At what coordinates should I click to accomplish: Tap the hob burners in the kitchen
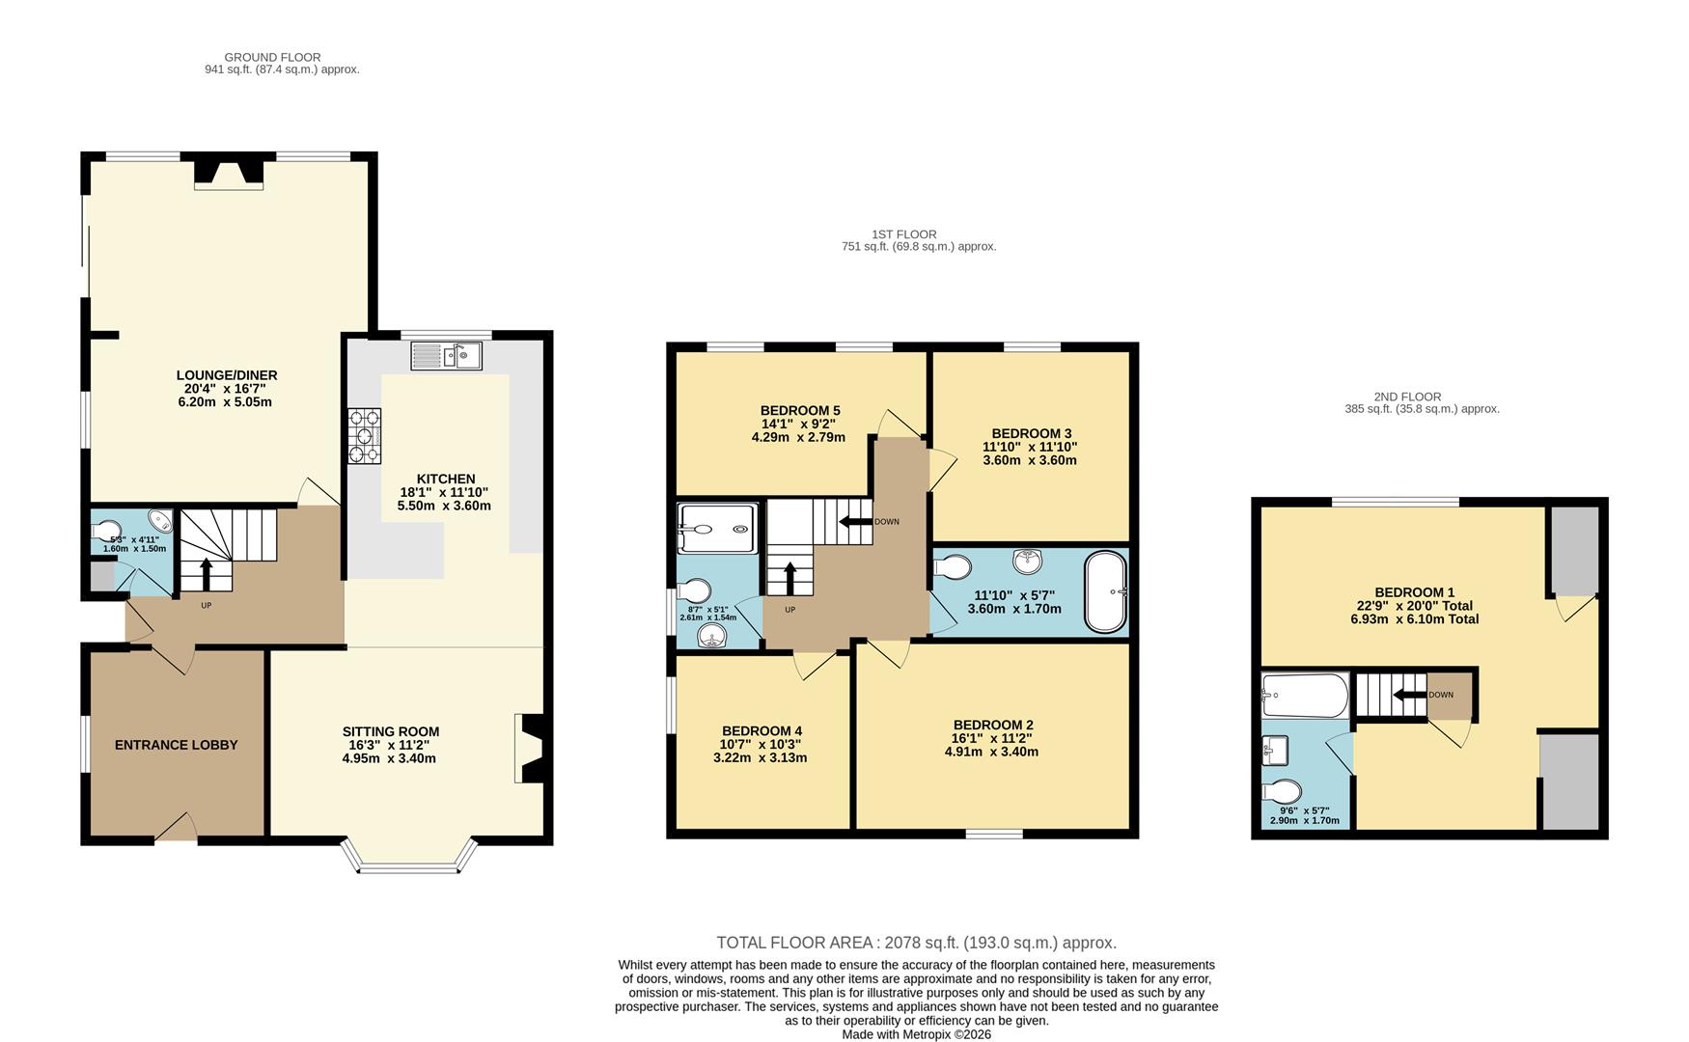tap(365, 436)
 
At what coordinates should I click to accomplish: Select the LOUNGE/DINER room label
tap(227, 375)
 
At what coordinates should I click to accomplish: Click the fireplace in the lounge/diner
tap(229, 173)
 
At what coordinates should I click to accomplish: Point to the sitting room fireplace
tap(531, 748)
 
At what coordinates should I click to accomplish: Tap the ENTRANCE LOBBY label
tap(176, 745)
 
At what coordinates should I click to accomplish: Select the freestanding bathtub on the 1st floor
tap(1106, 590)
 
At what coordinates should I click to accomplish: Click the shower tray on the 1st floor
tap(717, 529)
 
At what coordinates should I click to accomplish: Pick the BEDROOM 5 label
tap(799, 411)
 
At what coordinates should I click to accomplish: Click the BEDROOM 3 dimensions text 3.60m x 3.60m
tap(1029, 460)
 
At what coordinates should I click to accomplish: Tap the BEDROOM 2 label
tap(992, 725)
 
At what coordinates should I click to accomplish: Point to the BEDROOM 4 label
tap(761, 731)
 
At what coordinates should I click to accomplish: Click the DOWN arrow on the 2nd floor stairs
tap(1408, 695)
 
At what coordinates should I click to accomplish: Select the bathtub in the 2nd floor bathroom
tap(1304, 696)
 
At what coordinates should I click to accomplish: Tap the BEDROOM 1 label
tap(1414, 592)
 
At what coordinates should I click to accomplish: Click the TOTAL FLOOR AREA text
tap(915, 943)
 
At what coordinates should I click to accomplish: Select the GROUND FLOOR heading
tap(272, 57)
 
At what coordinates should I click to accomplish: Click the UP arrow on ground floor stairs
tap(205, 575)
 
